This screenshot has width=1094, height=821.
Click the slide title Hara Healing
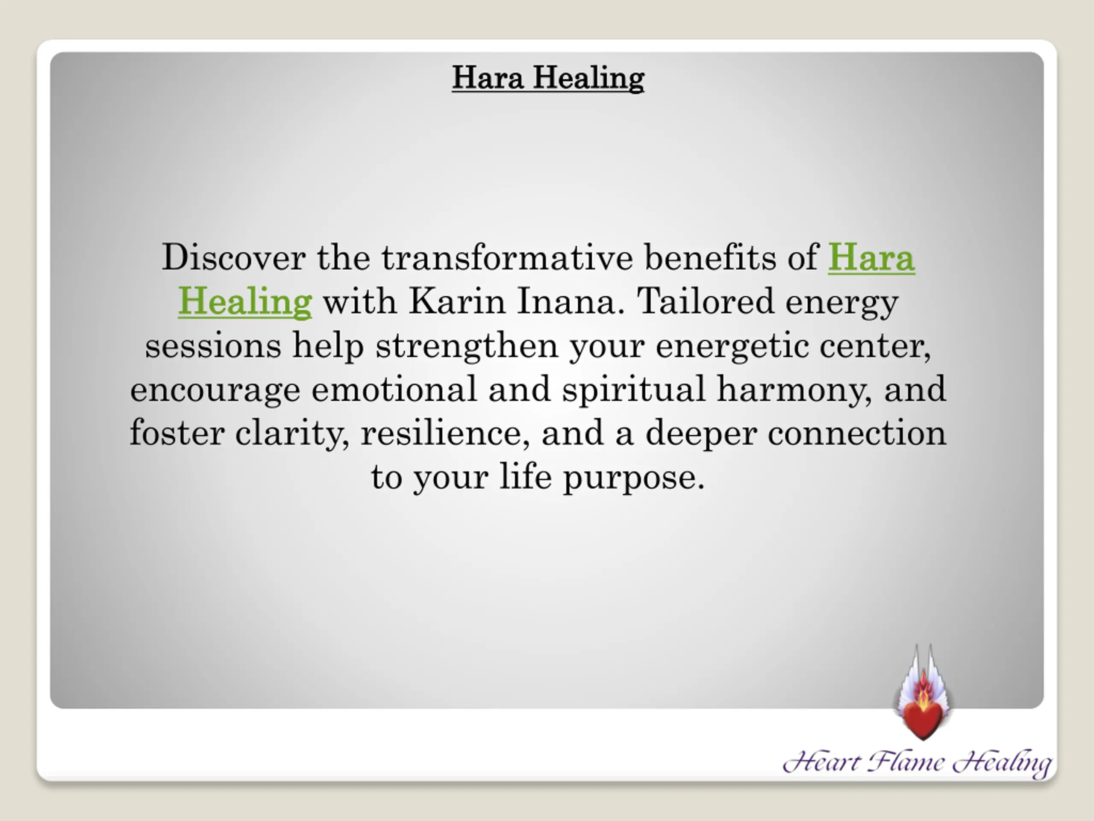548,78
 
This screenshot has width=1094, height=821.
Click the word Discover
233,257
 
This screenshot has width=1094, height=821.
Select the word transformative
507,257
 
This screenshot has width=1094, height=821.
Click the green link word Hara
871,257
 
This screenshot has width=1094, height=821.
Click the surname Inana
567,301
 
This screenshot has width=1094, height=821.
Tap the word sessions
213,346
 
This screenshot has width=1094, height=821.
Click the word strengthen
467,346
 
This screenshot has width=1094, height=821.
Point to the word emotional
394,389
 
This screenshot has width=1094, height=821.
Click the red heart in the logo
923,721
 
